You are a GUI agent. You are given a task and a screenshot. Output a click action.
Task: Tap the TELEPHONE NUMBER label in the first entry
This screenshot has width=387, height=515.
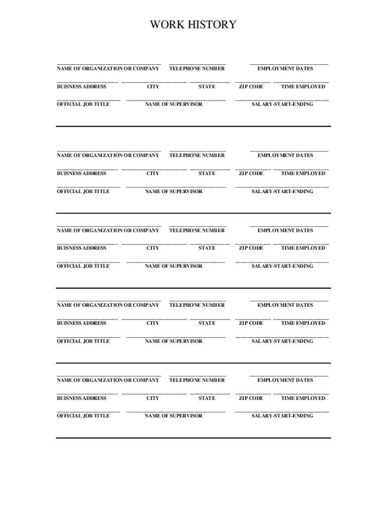click(x=197, y=68)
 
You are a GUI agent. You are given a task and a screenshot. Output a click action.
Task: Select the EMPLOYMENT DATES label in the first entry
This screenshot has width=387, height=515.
click(x=285, y=68)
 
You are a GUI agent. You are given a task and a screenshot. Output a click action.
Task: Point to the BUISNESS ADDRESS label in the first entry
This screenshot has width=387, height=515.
click(x=81, y=87)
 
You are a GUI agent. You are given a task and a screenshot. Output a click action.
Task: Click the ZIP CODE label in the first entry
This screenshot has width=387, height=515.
click(x=251, y=87)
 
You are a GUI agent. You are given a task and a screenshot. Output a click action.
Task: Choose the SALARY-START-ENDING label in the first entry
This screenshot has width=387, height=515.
click(x=282, y=104)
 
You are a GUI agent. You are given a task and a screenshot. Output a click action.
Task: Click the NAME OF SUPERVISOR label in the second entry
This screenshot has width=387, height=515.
click(x=173, y=191)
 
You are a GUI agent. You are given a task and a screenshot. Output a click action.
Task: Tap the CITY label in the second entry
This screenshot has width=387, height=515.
click(x=153, y=174)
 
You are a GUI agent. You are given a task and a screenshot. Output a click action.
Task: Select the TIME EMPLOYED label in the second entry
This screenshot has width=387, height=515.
click(x=303, y=174)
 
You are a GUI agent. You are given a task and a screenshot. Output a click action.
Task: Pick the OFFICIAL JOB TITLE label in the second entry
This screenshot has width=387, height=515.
click(x=83, y=191)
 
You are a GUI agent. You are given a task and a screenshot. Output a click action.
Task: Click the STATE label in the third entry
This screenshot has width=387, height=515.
click(x=207, y=248)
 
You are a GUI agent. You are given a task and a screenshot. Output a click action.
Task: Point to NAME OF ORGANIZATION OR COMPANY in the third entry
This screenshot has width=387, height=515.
click(x=108, y=230)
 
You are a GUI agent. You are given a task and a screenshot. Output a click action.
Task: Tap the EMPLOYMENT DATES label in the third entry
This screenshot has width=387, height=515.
click(x=285, y=230)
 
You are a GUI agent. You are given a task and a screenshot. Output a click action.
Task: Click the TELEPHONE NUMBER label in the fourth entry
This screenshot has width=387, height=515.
click(x=197, y=305)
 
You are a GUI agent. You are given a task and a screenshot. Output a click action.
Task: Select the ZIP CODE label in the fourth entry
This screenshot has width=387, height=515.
click(x=251, y=323)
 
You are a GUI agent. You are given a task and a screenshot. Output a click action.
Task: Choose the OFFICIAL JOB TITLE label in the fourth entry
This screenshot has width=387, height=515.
click(x=83, y=341)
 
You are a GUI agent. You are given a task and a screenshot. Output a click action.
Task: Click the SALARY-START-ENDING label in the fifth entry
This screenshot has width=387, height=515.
click(x=282, y=416)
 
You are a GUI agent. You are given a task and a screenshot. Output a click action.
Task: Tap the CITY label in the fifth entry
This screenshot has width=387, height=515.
click(x=153, y=398)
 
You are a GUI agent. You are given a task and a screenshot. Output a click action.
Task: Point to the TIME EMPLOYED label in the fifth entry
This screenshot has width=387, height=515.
click(x=303, y=398)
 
